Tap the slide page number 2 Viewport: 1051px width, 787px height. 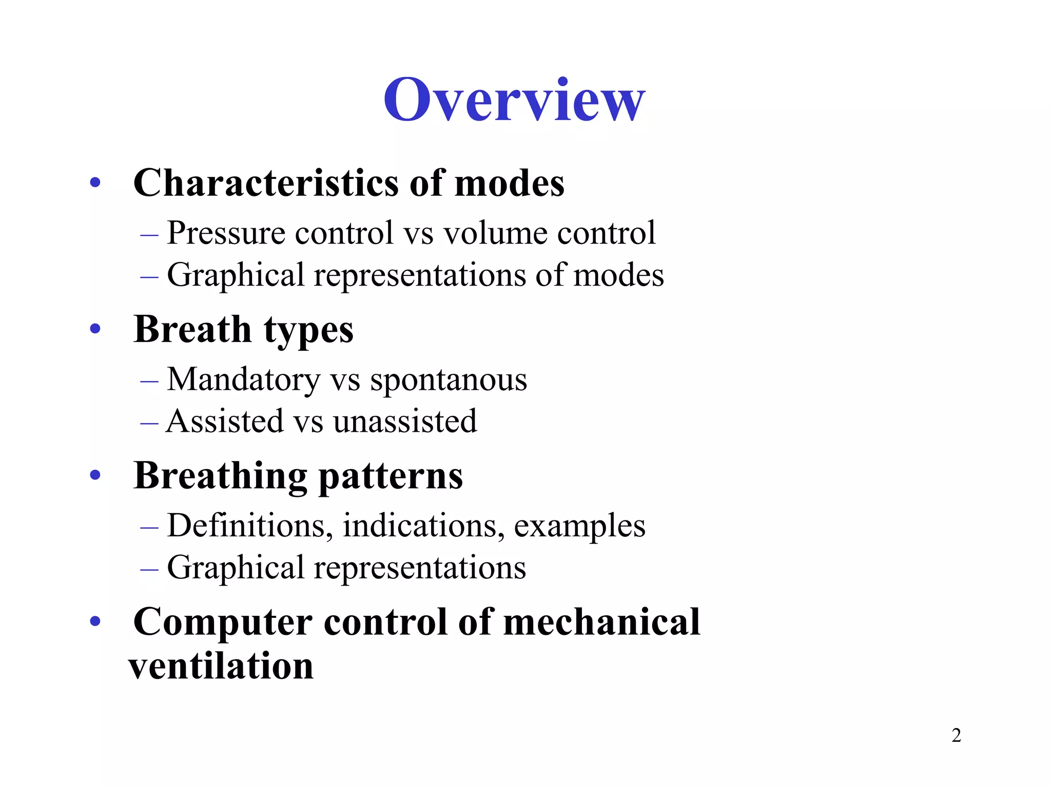(956, 735)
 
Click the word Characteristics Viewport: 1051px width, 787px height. (265, 183)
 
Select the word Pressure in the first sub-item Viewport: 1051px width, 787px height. (226, 233)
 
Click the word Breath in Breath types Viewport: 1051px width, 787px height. (192, 329)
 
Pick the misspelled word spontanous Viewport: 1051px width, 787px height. (449, 380)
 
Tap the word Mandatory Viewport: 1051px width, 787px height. (243, 380)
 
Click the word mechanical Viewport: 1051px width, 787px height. (601, 621)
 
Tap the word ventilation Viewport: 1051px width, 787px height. (221, 666)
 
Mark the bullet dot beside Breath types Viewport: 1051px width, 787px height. (95, 329)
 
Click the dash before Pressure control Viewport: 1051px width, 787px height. (149, 234)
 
